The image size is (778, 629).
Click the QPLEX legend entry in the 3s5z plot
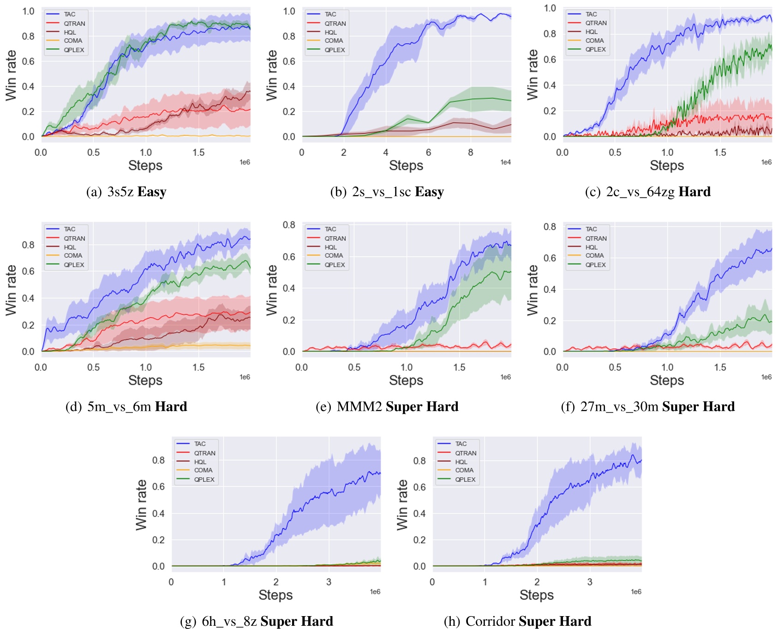tap(74, 50)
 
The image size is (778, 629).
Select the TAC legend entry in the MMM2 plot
tap(330, 229)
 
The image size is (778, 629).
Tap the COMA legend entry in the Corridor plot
tap(464, 470)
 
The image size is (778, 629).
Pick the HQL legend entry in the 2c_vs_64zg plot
tap(591, 32)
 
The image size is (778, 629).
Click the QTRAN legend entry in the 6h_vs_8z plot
tap(204, 453)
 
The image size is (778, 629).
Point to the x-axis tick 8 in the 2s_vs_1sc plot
tap(470, 153)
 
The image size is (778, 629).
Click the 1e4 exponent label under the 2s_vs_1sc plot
tap(506, 162)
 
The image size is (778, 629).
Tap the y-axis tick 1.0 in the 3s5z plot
tap(29, 11)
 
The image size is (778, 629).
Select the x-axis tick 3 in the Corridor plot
tap(590, 582)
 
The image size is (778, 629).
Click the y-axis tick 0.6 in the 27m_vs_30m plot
tap(550, 258)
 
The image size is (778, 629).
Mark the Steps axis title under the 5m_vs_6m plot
tap(145, 380)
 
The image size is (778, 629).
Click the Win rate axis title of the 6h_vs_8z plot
tap(141, 505)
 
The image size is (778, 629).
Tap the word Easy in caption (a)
tap(152, 192)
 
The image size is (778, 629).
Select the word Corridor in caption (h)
tap(490, 621)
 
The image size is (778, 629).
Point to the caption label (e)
tap(323, 407)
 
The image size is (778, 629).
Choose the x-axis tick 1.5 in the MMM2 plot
tap(459, 368)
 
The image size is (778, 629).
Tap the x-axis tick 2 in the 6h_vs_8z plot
tap(276, 582)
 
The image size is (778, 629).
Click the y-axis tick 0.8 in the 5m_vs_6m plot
tap(29, 245)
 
